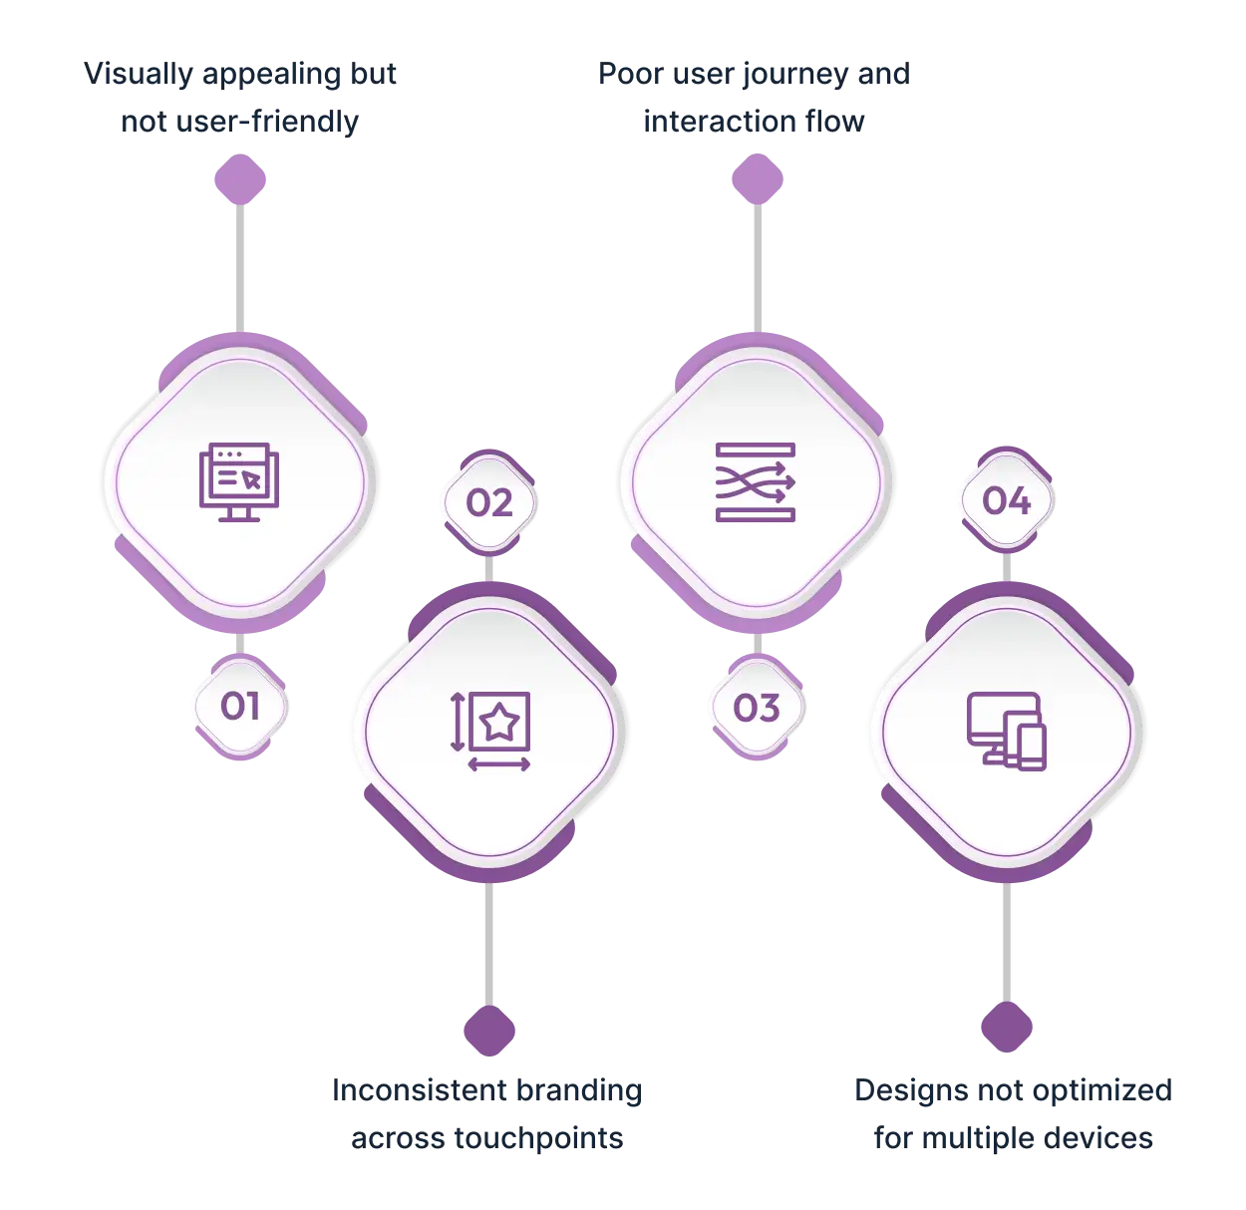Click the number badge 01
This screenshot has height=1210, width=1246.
click(x=240, y=707)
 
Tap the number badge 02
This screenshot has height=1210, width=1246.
click(x=489, y=502)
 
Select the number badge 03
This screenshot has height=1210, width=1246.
click(x=757, y=707)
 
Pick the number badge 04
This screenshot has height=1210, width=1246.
click(x=1007, y=500)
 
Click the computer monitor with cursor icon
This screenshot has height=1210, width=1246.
click(x=239, y=482)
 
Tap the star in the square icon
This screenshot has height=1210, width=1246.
click(x=491, y=732)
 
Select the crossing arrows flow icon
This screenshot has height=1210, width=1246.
click(x=756, y=482)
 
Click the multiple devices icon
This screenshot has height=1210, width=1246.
click(x=1006, y=732)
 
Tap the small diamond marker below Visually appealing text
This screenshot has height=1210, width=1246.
click(x=240, y=179)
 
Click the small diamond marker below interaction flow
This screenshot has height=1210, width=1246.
click(x=758, y=179)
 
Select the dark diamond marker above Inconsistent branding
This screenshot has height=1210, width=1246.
click(x=489, y=1031)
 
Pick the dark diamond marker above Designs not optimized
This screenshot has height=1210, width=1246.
click(x=1007, y=1027)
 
